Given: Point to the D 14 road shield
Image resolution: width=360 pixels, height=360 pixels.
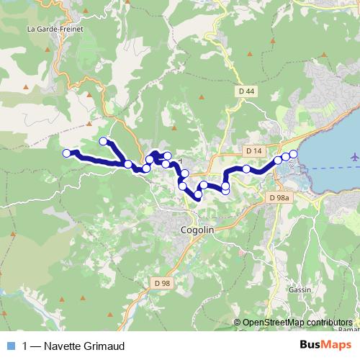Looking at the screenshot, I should coord(253,152).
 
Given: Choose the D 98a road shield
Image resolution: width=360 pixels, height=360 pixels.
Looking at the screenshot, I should coord(278,197).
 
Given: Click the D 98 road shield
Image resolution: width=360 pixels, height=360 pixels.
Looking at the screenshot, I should coord(163,283).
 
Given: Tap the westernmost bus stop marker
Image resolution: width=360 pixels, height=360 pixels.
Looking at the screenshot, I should coord(66,153).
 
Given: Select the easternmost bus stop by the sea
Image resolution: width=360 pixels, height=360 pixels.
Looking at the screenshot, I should coord(293,154).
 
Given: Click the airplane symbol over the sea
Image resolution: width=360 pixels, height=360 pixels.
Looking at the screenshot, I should coord(354,156).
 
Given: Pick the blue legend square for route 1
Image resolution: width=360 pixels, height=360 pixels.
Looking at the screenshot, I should coord(10,346).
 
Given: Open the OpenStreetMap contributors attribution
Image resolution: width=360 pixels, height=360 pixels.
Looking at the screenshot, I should coord(297,322).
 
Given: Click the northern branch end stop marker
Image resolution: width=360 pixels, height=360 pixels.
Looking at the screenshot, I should coord(104,141).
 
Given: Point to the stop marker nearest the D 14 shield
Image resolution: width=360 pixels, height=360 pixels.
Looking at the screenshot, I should coord(246,169).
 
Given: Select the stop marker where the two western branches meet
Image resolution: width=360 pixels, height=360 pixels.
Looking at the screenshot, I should coord(128,164).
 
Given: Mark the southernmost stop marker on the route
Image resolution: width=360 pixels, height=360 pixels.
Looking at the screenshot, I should coord(198,194).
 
